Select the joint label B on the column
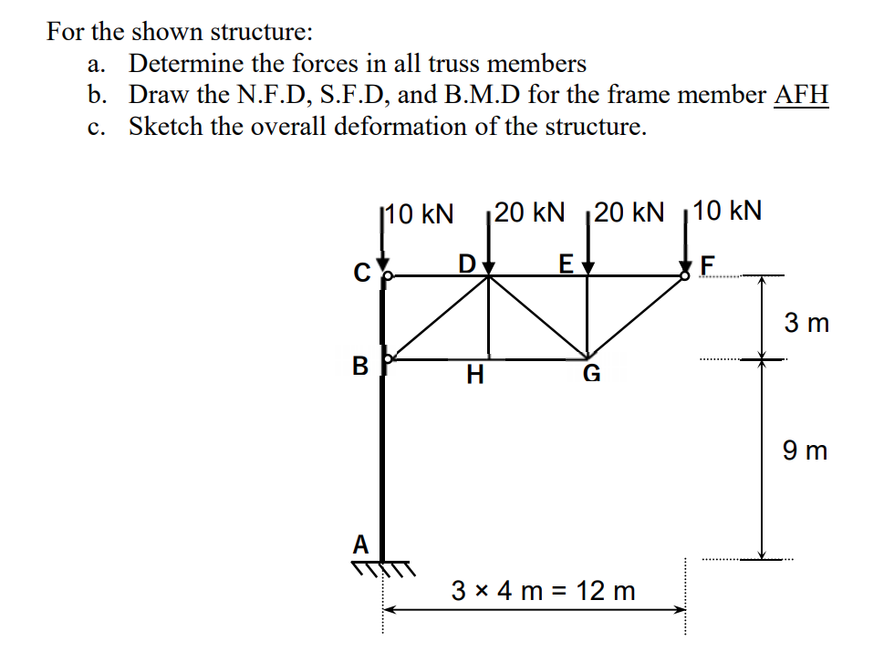[x=360, y=367]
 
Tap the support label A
[x=361, y=544]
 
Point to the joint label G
[x=592, y=373]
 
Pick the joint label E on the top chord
[x=566, y=264]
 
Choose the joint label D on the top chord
[x=467, y=264]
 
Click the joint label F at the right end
[x=711, y=264]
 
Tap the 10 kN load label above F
[x=727, y=212]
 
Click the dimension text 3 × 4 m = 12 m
[x=544, y=590]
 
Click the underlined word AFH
[x=801, y=94]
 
